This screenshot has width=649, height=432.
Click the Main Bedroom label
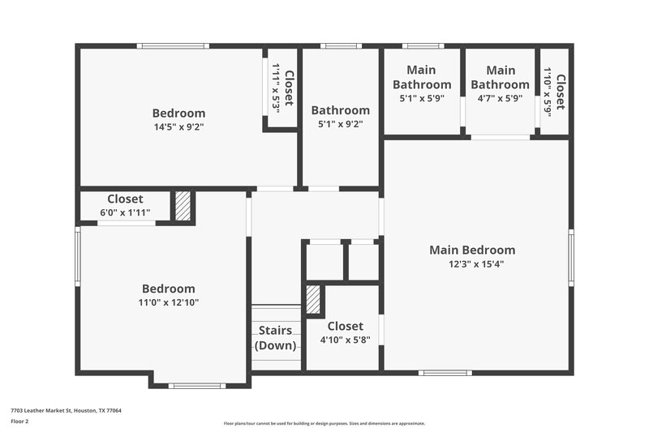(x=471, y=250)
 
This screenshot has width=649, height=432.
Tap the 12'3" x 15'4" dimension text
(x=471, y=263)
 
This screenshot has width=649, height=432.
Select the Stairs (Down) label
(x=275, y=338)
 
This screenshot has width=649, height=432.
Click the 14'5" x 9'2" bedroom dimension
(x=178, y=126)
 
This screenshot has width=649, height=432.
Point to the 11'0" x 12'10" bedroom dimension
(x=168, y=302)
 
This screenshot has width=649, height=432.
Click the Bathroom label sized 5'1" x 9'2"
(x=340, y=110)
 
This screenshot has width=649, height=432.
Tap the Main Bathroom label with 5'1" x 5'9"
(x=422, y=77)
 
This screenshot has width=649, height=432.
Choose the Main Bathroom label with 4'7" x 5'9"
(x=500, y=77)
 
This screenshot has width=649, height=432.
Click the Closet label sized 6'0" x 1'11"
(x=125, y=199)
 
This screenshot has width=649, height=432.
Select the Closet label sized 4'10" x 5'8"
(x=342, y=326)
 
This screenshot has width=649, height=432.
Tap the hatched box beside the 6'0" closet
(x=183, y=206)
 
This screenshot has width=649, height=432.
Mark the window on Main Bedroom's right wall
(x=571, y=257)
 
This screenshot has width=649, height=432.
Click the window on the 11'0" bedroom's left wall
(x=78, y=256)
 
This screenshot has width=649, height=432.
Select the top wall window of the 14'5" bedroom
(x=173, y=46)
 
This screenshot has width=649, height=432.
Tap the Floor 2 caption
(x=19, y=421)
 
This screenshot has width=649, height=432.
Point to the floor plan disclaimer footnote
(x=324, y=423)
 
